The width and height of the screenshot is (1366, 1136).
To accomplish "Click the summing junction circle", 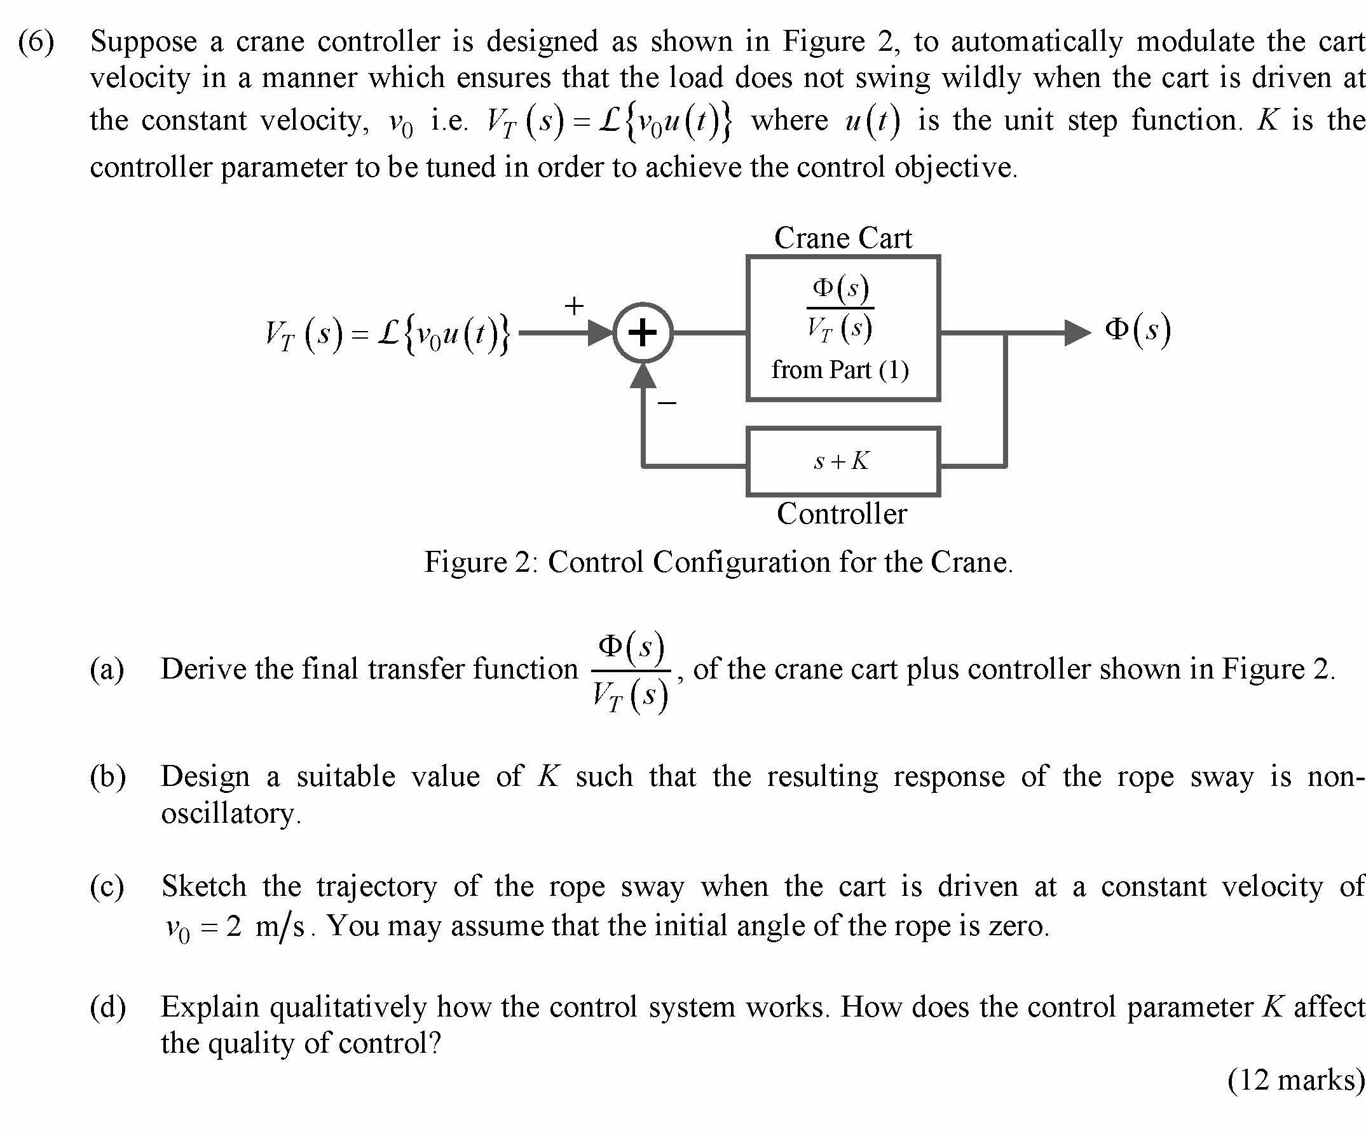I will [643, 332].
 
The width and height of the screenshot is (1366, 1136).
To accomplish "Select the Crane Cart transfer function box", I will [842, 328].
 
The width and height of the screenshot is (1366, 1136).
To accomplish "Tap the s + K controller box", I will [842, 461].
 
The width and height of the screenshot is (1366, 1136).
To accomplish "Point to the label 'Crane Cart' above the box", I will [842, 238].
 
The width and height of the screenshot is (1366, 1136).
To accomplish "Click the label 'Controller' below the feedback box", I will [842, 514].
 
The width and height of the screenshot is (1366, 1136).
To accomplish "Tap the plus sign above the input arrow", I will [574, 306].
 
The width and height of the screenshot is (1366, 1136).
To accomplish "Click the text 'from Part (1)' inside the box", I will [840, 370].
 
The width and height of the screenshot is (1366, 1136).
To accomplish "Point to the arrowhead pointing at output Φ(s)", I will [1077, 333].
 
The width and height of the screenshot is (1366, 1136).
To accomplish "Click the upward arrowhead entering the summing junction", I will [643, 376].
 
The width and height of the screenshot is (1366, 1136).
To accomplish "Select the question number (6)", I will [36, 42].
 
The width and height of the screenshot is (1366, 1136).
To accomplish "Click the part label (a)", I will [107, 669].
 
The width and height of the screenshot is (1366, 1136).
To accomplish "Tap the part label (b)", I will [107, 776].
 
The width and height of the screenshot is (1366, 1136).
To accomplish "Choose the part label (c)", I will [107, 886].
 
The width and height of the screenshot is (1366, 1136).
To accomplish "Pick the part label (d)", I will [107, 1006].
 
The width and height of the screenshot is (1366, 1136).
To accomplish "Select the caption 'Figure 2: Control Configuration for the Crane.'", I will [718, 562].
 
